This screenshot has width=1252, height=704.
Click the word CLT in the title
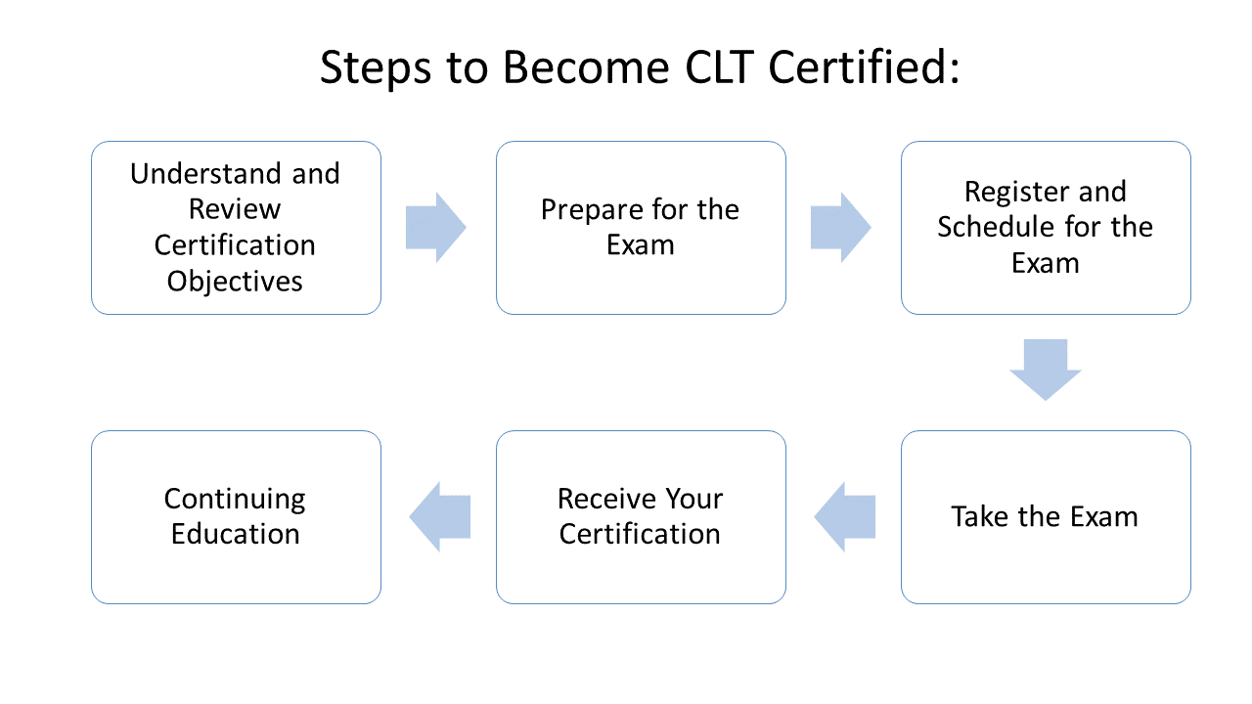(x=719, y=67)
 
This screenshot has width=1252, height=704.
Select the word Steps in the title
(x=376, y=69)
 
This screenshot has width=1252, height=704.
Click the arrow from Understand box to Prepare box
(x=436, y=228)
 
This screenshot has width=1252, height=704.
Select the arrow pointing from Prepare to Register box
(x=840, y=228)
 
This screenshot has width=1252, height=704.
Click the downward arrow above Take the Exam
(x=1046, y=370)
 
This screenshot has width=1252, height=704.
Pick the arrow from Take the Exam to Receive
(x=844, y=517)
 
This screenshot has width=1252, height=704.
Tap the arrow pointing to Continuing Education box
(x=440, y=517)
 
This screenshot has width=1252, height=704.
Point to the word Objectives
(x=235, y=282)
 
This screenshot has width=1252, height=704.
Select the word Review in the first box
(x=235, y=209)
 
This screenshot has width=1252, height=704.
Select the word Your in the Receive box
(x=693, y=499)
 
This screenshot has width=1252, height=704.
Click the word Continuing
(x=235, y=500)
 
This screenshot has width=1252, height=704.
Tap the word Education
(x=236, y=534)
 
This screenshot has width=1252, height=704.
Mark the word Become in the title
(x=586, y=67)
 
